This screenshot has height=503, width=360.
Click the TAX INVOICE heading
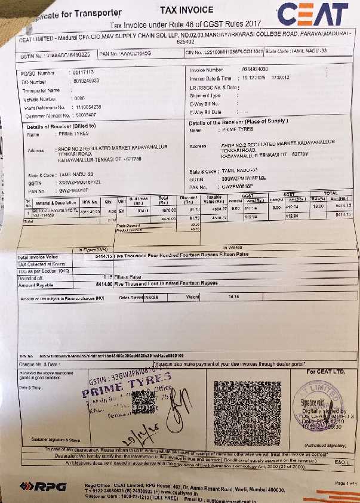[186, 10]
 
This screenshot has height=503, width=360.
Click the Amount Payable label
[36, 284]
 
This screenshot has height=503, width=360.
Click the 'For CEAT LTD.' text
[326, 372]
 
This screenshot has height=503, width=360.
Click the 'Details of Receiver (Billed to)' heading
[61, 126]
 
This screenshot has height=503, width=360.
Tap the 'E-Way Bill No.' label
[206, 103]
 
